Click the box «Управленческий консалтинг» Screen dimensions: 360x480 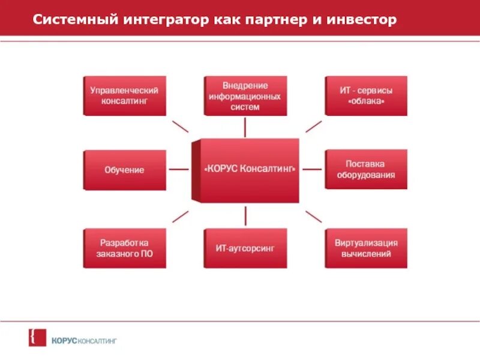click(x=124, y=95)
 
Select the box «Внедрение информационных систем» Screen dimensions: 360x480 click(x=245, y=95)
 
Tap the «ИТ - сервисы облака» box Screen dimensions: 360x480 click(x=366, y=95)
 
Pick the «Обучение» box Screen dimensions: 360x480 click(x=124, y=170)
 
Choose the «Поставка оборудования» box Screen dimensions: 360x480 click(x=366, y=170)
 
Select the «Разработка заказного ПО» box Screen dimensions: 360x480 click(x=124, y=248)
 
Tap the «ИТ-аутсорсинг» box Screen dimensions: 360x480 click(x=245, y=248)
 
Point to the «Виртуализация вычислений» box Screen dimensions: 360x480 click(x=366, y=248)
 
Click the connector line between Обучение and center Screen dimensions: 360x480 click(x=179, y=170)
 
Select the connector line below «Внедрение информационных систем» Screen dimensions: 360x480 click(x=245, y=127)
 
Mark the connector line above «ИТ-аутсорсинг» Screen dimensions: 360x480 click(x=245, y=215)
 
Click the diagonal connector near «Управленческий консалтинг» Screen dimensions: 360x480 click(x=180, y=126)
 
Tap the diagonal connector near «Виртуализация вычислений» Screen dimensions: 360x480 click(x=313, y=217)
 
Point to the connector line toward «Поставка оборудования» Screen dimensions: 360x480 click(x=312, y=170)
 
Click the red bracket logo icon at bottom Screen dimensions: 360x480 click(x=34, y=337)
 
